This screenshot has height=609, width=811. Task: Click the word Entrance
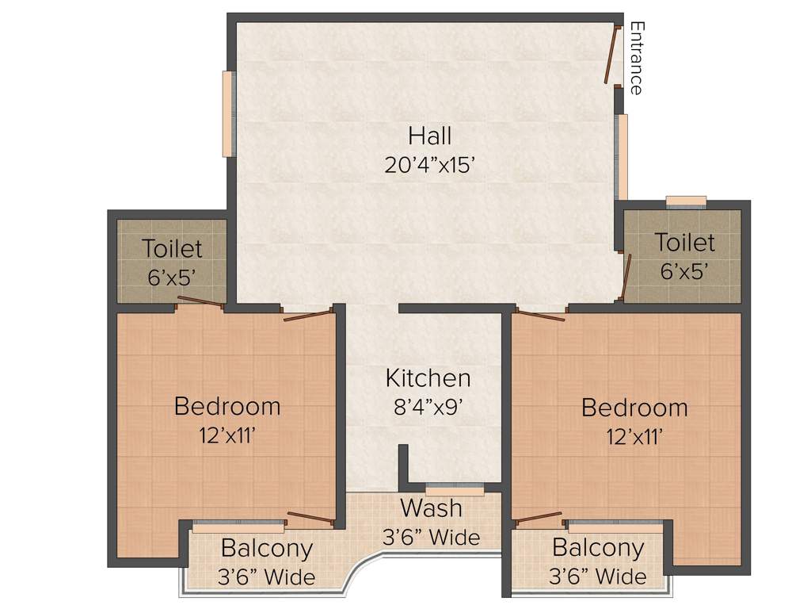[635, 58]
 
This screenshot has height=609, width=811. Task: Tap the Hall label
[430, 135]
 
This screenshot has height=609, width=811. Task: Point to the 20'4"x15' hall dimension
[430, 165]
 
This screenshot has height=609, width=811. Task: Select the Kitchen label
[428, 377]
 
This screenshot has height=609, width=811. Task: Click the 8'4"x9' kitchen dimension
[428, 407]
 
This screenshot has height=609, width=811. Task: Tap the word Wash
[431, 507]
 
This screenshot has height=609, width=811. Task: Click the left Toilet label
[173, 248]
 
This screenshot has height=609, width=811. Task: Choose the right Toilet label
[684, 242]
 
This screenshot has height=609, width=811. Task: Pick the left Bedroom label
[227, 407]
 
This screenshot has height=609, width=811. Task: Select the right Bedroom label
[634, 408]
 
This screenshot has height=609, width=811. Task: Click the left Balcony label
[267, 548]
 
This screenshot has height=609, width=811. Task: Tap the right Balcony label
[598, 548]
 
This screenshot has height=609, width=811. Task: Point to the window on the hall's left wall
[228, 113]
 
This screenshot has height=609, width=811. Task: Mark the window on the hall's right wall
[623, 157]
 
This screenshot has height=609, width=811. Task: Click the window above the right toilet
[686, 201]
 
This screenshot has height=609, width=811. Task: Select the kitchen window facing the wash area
[455, 488]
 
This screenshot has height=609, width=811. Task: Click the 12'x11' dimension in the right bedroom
[634, 436]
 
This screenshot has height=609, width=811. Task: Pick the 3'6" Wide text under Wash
[431, 537]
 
